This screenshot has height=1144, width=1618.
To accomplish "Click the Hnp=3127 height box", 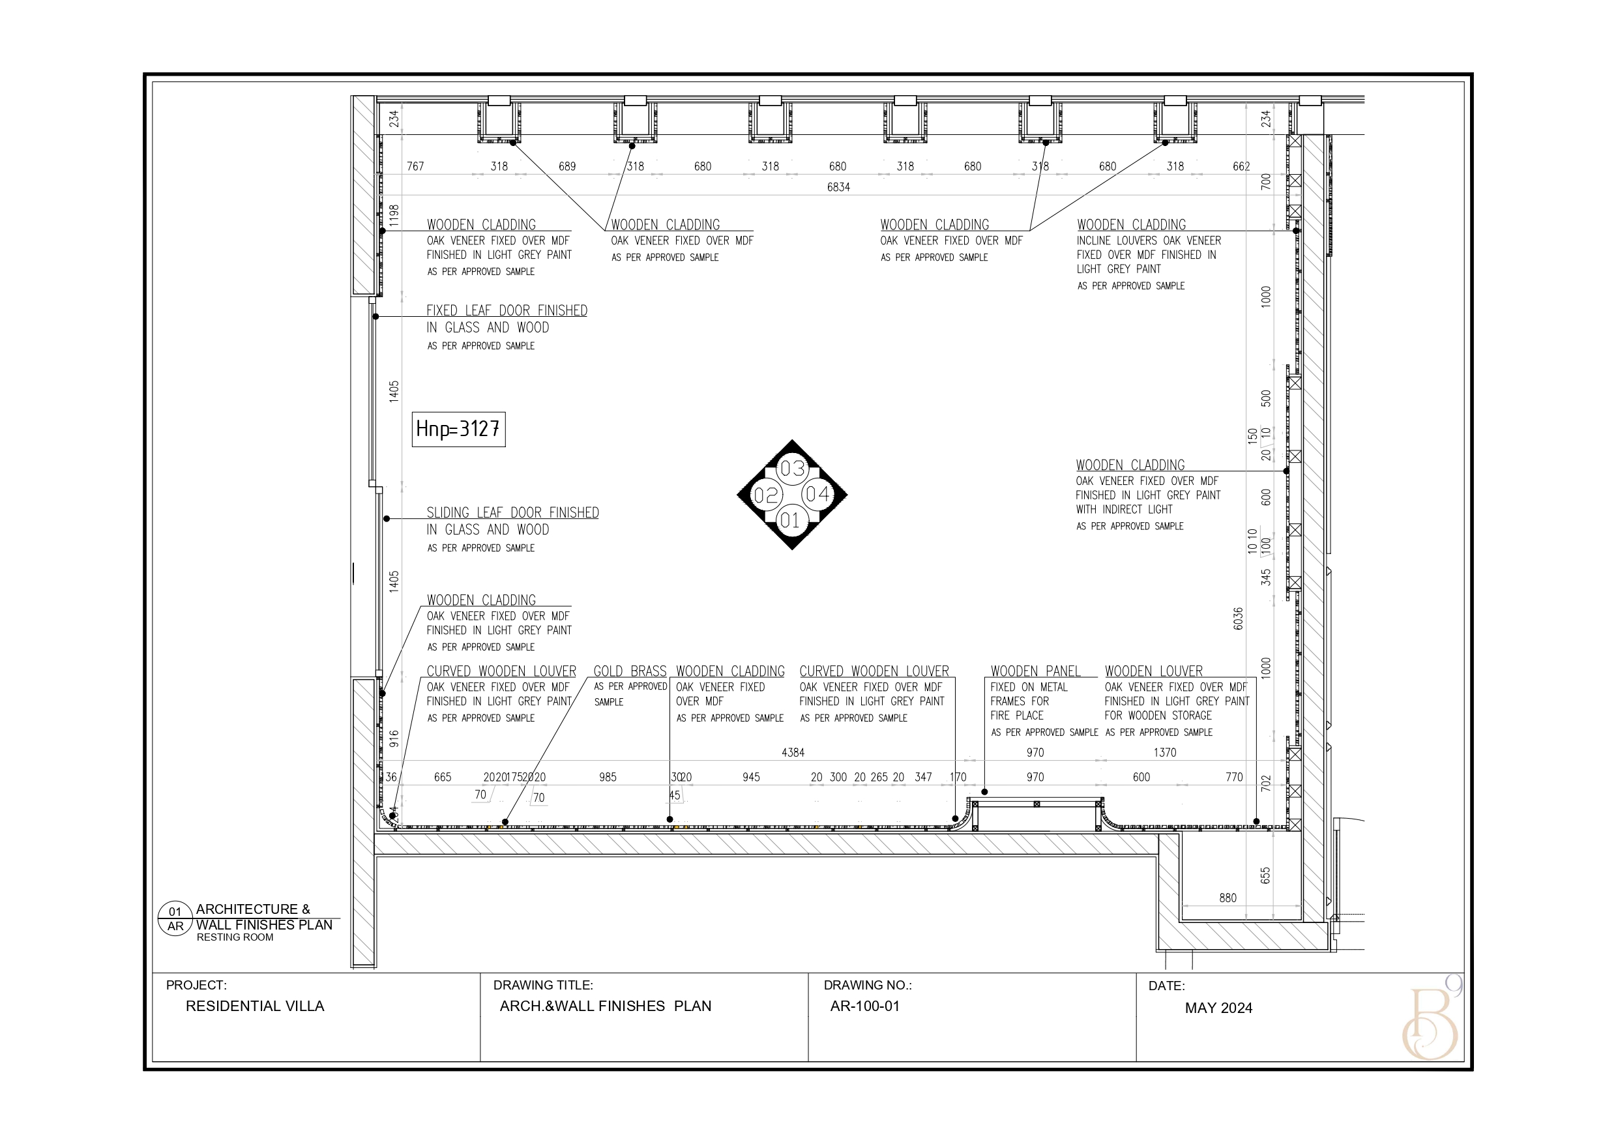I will [458, 430].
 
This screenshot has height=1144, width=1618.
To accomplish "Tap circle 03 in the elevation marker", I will [792, 469].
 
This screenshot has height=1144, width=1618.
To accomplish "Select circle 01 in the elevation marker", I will [791, 521].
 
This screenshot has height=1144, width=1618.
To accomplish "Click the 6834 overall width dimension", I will [838, 188].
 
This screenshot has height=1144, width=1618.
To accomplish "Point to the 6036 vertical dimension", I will [1239, 618].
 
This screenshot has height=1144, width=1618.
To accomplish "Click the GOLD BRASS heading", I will [629, 671].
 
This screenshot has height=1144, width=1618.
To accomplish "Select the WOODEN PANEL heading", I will [1035, 671].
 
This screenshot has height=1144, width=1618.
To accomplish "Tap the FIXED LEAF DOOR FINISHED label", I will [506, 311].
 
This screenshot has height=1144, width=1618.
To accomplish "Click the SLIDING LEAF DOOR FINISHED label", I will [512, 512].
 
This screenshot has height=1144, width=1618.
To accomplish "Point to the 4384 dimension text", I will [793, 753].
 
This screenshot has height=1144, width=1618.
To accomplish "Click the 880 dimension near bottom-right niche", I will [1228, 898].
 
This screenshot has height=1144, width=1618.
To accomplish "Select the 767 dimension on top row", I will [416, 166].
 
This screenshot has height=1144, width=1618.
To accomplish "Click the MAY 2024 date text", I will [1218, 1008].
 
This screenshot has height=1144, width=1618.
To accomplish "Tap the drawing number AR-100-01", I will [864, 1006].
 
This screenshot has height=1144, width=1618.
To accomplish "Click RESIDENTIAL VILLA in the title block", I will [254, 1006].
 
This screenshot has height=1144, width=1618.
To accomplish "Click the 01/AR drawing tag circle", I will [175, 919].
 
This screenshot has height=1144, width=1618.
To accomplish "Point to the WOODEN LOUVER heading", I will [1154, 671].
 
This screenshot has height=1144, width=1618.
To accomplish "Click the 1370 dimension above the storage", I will [1165, 753].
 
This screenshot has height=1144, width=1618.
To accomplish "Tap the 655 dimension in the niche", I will [1265, 875].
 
